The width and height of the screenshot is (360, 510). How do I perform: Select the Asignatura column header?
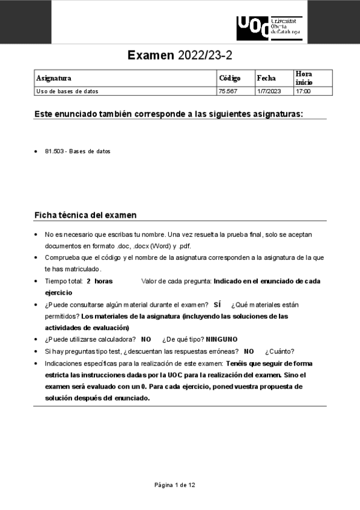(53, 78)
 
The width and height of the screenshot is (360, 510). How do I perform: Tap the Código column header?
(230, 78)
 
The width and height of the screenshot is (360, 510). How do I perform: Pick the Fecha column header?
(266, 78)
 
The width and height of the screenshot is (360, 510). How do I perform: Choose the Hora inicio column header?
(304, 78)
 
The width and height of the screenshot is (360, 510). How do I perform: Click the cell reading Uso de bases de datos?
(67, 91)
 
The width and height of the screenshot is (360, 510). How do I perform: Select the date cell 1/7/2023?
(269, 91)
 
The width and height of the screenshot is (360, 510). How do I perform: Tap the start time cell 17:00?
(303, 91)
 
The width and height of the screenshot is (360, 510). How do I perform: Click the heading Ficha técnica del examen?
(85, 215)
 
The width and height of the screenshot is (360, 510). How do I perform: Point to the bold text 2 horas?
(99, 281)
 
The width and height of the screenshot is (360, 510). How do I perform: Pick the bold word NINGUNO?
(222, 340)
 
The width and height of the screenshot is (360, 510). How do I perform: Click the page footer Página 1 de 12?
(174, 485)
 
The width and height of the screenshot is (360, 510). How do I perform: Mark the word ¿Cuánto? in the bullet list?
(279, 352)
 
